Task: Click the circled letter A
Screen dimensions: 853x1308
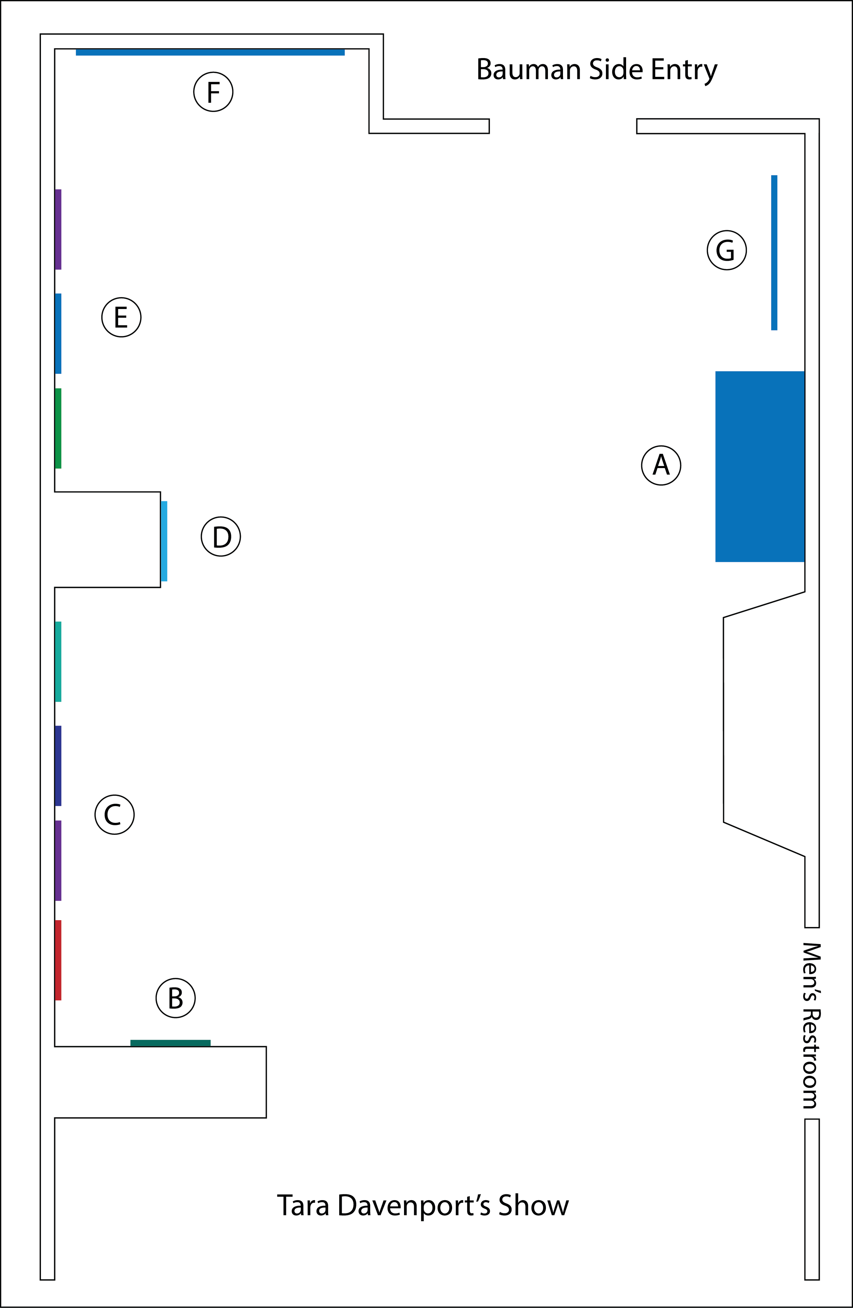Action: click(661, 465)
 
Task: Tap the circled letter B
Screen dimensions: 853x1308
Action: click(175, 998)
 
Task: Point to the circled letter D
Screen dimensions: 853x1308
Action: click(221, 536)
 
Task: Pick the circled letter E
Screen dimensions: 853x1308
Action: click(121, 317)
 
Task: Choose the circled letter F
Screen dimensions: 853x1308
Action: click(213, 92)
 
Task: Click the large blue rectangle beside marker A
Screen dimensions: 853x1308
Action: click(760, 466)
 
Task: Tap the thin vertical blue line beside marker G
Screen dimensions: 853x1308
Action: click(774, 252)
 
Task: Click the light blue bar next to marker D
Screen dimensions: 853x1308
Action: click(164, 541)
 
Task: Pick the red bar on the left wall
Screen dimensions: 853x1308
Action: click(58, 959)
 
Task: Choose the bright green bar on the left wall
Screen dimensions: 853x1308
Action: click(58, 428)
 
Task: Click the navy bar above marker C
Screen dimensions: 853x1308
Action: click(58, 765)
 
